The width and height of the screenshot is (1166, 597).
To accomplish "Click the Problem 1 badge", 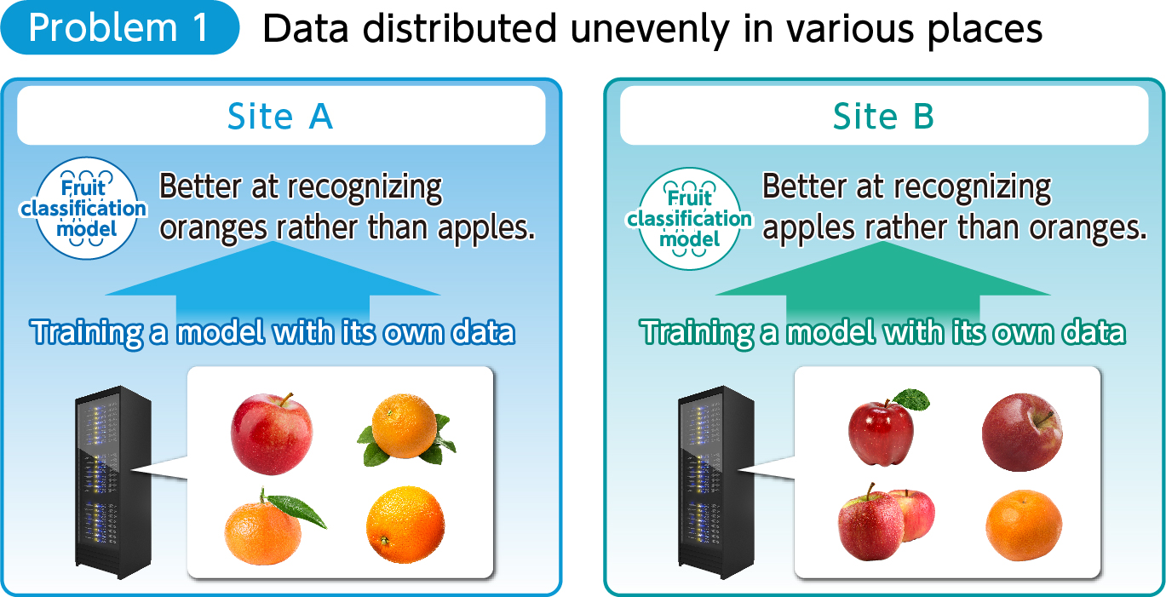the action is (x=120, y=27).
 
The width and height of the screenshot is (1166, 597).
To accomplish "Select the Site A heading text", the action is (x=280, y=116).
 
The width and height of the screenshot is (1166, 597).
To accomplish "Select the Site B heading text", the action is (x=883, y=116).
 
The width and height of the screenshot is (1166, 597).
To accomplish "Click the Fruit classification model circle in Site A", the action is (x=86, y=208).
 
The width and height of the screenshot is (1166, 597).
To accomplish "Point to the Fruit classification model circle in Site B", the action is (x=689, y=219).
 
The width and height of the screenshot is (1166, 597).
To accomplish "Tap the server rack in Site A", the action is (x=113, y=483).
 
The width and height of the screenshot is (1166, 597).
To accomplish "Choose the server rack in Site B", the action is (x=715, y=483).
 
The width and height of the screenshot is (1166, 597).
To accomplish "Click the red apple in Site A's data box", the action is (x=272, y=433).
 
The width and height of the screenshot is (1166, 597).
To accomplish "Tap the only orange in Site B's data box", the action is (x=1024, y=525).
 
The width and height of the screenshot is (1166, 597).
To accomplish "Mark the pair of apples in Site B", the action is (x=886, y=522).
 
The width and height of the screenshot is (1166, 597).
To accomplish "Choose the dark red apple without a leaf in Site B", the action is (x=1022, y=432).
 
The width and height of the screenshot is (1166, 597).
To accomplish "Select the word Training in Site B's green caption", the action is (x=697, y=333).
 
